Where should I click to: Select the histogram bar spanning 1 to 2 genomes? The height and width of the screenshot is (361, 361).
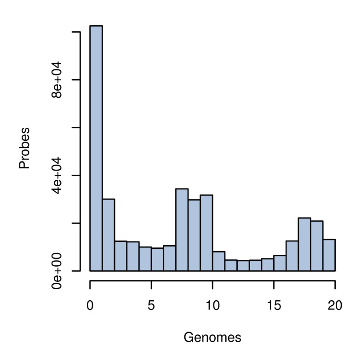(108, 235)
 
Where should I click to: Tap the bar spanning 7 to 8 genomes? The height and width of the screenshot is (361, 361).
(182, 229)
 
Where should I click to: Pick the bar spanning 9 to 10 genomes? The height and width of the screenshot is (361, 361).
(206, 233)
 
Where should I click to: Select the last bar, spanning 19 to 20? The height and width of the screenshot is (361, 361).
(329, 255)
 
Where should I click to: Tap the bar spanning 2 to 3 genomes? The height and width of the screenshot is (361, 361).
(120, 256)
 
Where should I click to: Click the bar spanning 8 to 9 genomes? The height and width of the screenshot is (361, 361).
(194, 235)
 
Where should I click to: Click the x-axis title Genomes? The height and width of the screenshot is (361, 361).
(212, 338)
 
